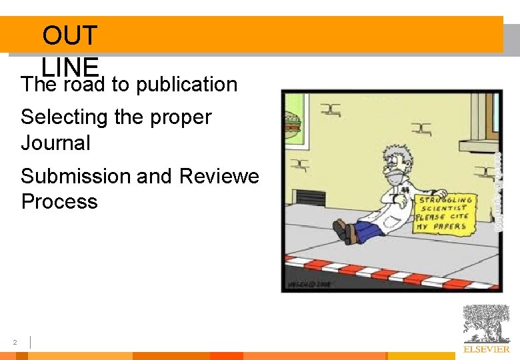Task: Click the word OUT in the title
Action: point(69,35)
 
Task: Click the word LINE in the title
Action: point(69,66)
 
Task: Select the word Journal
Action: point(55,143)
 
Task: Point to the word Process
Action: point(59,201)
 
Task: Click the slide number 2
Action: point(14,343)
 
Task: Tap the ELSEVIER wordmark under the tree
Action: point(487,349)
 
